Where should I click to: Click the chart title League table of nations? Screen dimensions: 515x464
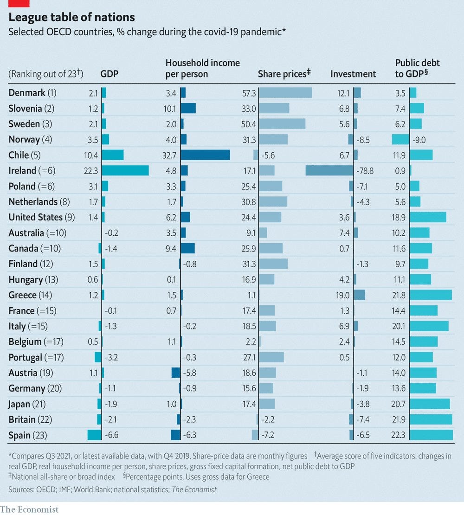point(71,18)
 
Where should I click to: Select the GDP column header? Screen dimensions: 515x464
point(109,74)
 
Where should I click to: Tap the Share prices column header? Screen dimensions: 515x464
point(284,74)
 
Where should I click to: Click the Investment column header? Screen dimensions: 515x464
point(353,74)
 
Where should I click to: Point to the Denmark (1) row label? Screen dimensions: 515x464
point(32,93)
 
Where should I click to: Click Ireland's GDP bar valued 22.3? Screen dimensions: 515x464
point(125,170)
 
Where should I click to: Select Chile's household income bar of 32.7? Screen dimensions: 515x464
point(205,155)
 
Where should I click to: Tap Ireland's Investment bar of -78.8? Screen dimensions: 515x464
point(329,170)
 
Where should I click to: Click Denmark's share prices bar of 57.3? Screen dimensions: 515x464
point(285,93)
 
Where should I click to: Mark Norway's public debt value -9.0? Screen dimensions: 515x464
point(419,139)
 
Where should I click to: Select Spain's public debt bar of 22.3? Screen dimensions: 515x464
point(431,435)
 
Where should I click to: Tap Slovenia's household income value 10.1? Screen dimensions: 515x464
point(171,109)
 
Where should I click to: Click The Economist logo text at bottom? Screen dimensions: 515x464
point(29,509)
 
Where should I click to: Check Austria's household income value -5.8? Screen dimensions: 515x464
point(191,373)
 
